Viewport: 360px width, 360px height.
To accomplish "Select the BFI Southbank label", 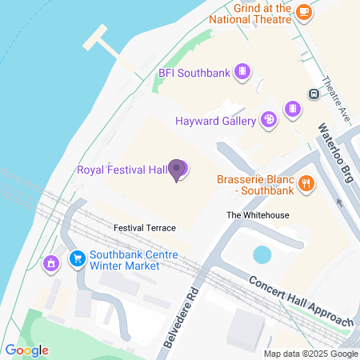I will point(194,73).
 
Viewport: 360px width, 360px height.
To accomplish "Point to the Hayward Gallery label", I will point(215,121).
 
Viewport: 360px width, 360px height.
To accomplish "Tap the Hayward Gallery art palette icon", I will point(270,120).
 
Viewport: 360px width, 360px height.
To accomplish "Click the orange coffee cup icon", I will point(303,11).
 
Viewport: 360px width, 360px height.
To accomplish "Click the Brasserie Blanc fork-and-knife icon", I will point(306,185).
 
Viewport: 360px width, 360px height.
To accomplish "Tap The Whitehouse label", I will point(257,215).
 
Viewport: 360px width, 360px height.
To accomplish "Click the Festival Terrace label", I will point(144,228).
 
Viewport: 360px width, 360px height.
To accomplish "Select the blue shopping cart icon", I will point(78,259).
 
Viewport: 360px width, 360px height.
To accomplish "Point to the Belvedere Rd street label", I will point(181,316).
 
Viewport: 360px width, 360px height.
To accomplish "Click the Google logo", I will point(26,350).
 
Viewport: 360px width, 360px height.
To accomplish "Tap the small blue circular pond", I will point(262,254).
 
